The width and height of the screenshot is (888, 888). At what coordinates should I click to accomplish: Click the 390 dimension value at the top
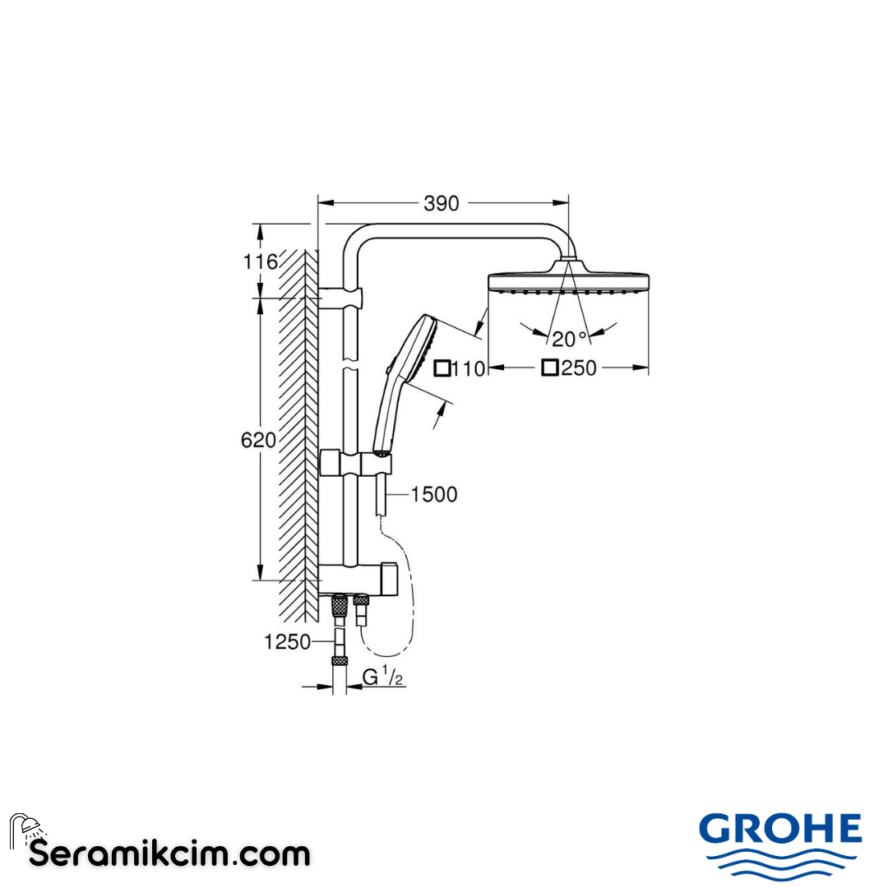[x=442, y=203]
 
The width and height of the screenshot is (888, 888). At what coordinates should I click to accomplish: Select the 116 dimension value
[x=260, y=262]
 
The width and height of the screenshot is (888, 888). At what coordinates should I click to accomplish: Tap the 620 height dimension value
[x=258, y=440]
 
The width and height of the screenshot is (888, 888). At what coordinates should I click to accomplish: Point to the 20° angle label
[x=570, y=338]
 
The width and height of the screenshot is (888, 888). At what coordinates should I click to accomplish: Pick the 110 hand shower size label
[x=469, y=368]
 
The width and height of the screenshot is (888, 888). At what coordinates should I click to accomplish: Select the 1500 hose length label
[x=433, y=494]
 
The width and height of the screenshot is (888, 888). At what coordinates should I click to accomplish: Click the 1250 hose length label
[x=287, y=642]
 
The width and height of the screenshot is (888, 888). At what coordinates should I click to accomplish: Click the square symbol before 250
[x=550, y=368]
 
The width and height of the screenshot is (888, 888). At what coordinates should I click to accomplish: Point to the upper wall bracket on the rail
[x=340, y=297]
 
